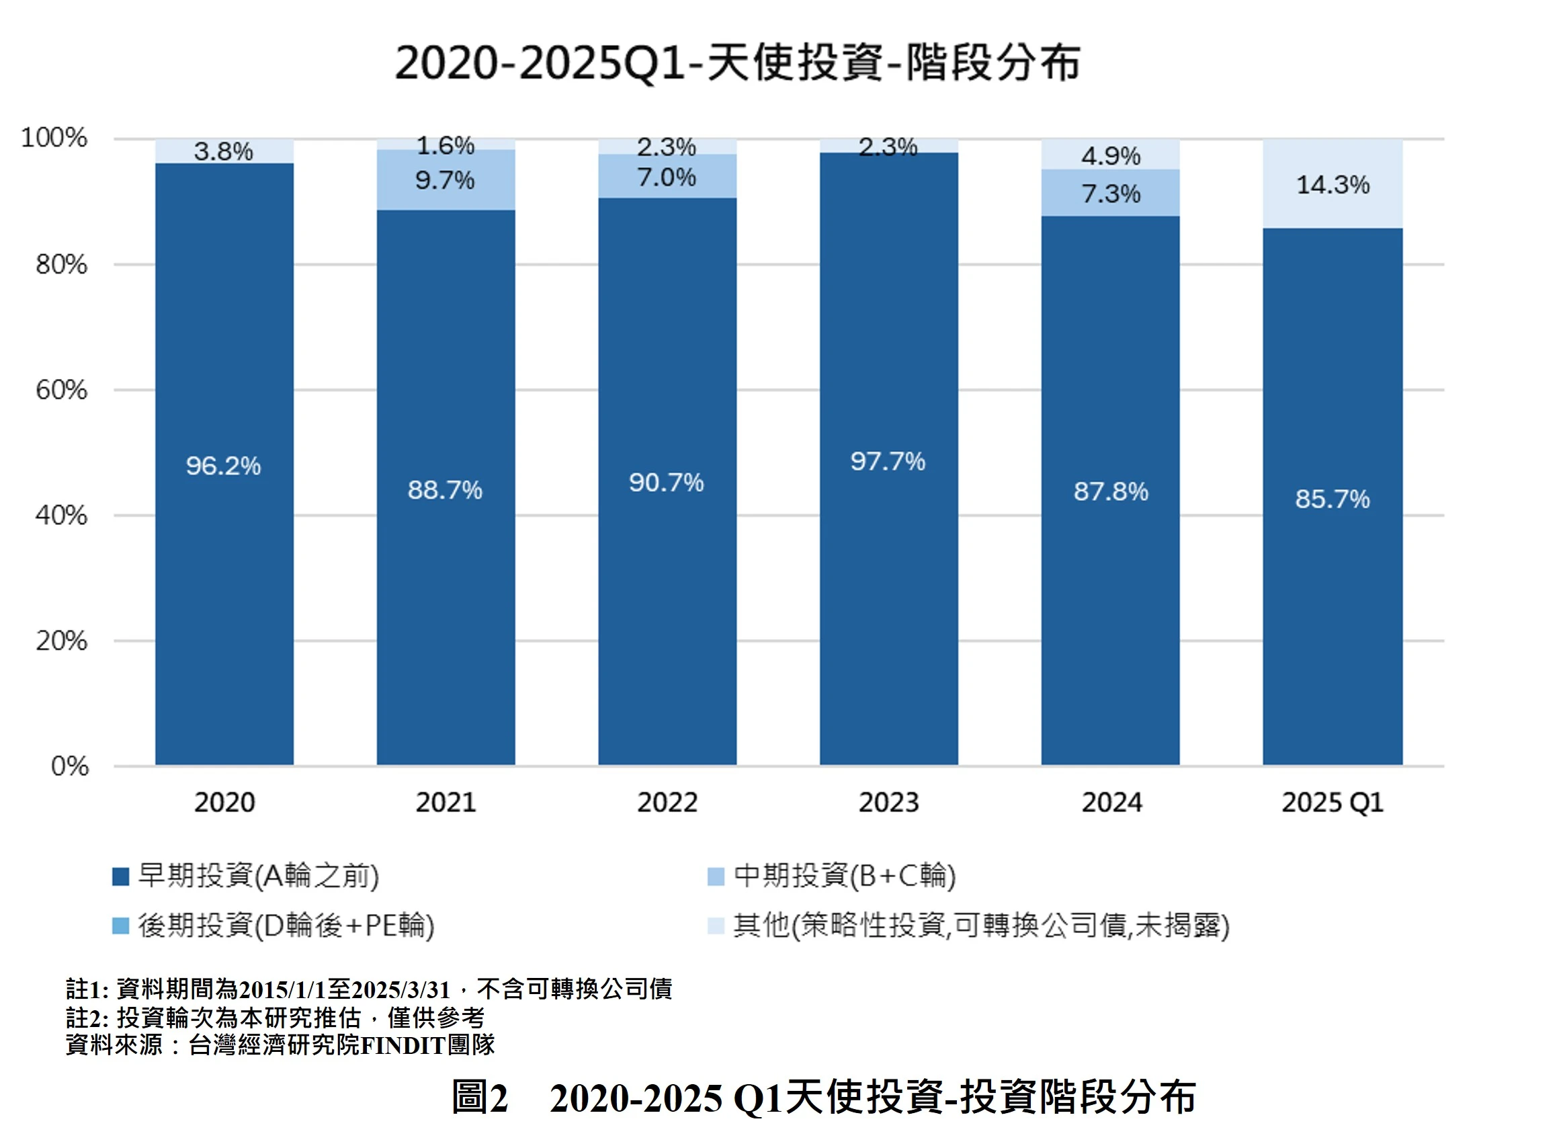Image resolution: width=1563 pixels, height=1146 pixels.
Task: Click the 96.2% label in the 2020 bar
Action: click(x=222, y=466)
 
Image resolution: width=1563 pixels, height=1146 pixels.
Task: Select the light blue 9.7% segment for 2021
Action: click(x=446, y=180)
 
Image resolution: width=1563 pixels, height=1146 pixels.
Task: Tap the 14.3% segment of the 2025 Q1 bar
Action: click(x=1332, y=185)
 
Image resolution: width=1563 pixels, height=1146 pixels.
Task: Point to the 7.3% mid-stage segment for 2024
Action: click(x=1110, y=194)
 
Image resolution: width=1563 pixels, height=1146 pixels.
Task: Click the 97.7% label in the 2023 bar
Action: click(x=888, y=461)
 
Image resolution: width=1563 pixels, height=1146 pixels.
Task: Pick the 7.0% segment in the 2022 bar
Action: click(x=667, y=177)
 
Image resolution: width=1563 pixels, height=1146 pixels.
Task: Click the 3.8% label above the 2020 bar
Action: click(x=222, y=151)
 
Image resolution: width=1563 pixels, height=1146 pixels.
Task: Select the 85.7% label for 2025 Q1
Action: click(x=1332, y=499)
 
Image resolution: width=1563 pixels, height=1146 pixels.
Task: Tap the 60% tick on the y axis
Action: click(x=62, y=390)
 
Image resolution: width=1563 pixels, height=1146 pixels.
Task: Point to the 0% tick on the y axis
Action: click(x=69, y=766)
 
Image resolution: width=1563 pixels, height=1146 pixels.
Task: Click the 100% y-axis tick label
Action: click(x=54, y=138)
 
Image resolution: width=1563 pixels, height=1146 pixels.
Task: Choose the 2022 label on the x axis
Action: click(x=667, y=803)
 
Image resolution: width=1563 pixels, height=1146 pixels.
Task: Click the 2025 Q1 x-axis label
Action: click(x=1332, y=803)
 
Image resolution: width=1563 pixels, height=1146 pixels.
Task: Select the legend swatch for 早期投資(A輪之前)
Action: click(x=121, y=876)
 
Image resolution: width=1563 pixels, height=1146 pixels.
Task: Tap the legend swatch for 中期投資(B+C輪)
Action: click(x=716, y=876)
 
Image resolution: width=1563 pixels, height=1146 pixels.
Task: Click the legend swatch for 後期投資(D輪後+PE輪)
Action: click(x=121, y=926)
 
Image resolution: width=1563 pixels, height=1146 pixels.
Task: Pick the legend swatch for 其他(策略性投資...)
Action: click(x=716, y=926)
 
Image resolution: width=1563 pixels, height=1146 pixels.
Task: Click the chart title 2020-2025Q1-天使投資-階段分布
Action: click(x=737, y=63)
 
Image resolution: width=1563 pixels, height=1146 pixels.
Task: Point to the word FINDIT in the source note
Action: click(x=403, y=1045)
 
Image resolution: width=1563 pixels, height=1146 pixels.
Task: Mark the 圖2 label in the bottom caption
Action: click(x=480, y=1099)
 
